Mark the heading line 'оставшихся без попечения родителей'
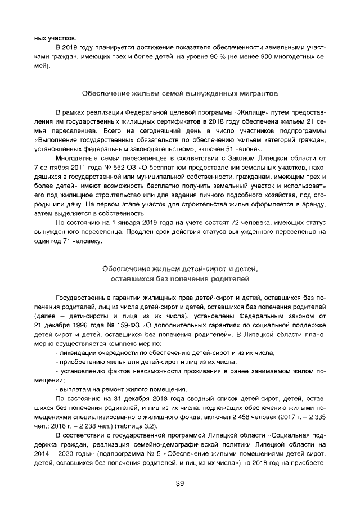[180, 279]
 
